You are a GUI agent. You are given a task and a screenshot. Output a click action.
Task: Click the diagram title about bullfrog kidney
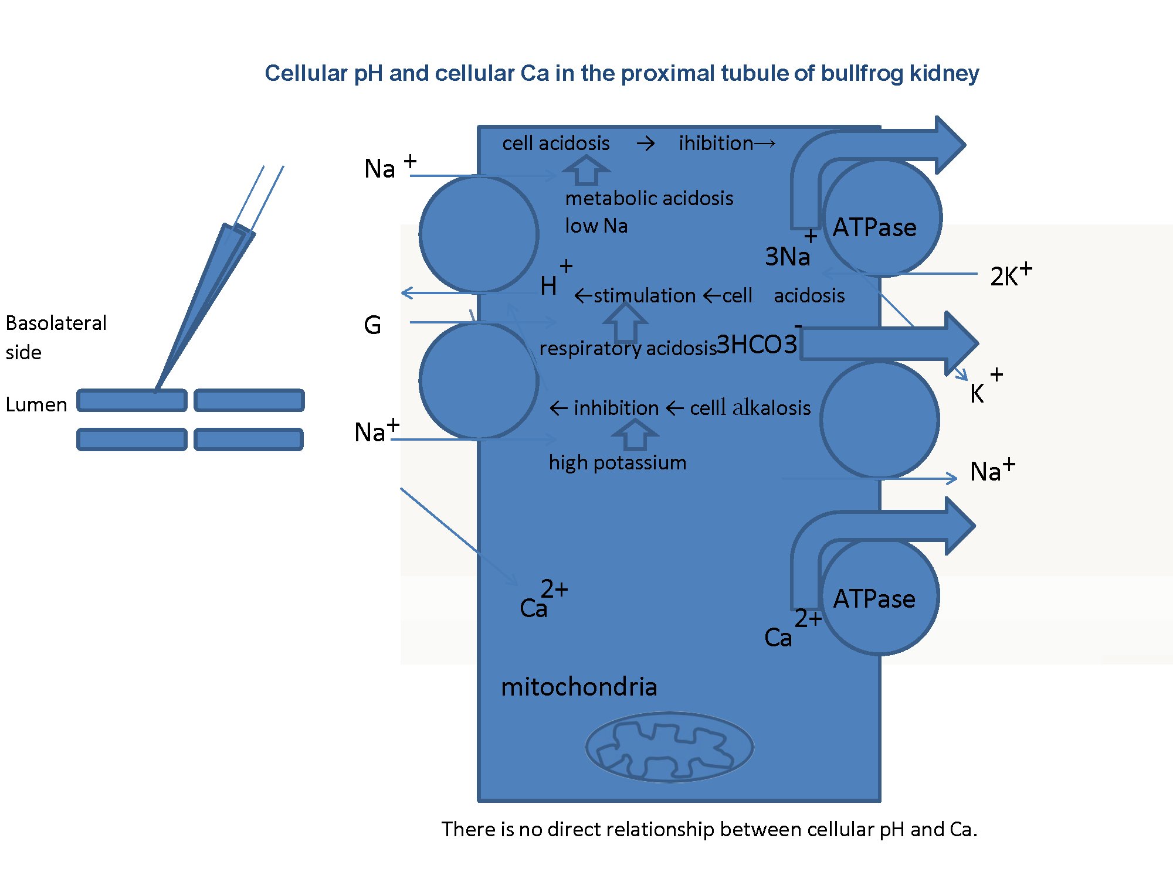click(622, 73)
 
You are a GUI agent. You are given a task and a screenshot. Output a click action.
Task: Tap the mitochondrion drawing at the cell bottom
click(669, 747)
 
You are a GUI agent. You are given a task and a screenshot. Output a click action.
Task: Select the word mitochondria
click(579, 687)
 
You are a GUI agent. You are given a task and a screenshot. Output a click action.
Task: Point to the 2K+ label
click(1010, 275)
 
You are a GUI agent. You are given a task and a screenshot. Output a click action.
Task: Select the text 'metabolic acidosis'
click(649, 199)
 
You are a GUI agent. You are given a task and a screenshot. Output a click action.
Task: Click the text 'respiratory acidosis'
click(628, 348)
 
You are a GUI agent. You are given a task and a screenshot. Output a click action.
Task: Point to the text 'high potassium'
click(617, 463)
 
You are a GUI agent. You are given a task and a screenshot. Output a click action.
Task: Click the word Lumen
click(36, 405)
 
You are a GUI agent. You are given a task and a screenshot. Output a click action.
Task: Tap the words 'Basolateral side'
click(56, 337)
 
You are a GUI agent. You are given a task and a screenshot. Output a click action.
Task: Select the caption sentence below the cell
click(709, 829)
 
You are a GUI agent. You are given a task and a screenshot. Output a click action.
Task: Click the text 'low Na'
click(596, 226)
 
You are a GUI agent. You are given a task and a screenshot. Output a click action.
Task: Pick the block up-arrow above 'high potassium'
click(635, 435)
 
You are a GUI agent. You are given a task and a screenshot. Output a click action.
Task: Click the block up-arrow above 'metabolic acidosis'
click(586, 170)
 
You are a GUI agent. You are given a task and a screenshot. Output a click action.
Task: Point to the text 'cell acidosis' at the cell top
click(555, 144)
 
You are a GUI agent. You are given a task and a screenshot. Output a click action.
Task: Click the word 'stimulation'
click(645, 295)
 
